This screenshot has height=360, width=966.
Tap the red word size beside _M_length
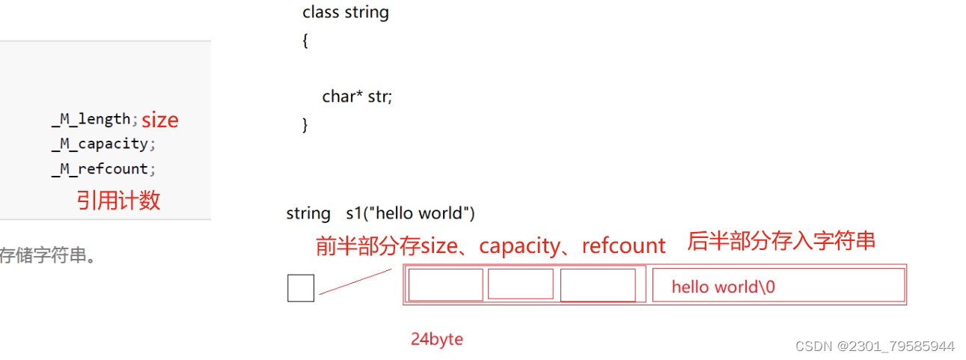[160, 120]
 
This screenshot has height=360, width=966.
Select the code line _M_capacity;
[103, 144]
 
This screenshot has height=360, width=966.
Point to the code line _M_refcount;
[103, 169]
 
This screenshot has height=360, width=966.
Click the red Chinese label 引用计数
[118, 200]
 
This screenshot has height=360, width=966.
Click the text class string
[346, 13]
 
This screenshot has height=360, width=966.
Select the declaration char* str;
[357, 97]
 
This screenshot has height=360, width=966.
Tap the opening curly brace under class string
[305, 41]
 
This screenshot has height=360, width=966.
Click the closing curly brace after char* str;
[305, 124]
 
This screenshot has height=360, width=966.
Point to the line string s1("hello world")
[380, 213]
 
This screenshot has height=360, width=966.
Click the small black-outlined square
[301, 288]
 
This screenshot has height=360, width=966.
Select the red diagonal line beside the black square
[355, 281]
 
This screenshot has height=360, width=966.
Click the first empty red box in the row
[445, 285]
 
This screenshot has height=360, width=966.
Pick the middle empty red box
[520, 284]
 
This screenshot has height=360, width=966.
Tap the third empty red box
[597, 285]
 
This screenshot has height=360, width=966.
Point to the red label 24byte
[437, 339]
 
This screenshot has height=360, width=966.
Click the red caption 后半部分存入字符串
[781, 242]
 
